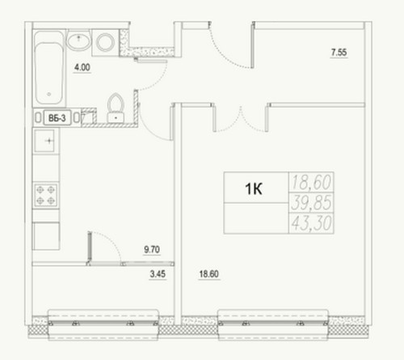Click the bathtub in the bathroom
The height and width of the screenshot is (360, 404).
click(x=49, y=69)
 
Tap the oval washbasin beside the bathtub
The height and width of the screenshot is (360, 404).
click(x=78, y=40)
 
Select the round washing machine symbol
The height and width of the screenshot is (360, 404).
click(x=105, y=42)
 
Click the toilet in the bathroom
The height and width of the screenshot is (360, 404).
click(x=116, y=108)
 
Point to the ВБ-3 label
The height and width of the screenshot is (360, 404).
click(x=57, y=118)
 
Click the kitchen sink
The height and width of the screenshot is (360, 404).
click(x=44, y=141)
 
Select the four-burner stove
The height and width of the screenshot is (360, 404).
click(x=45, y=195)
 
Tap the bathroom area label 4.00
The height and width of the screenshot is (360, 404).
click(x=82, y=67)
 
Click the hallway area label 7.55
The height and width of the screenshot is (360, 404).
click(x=339, y=52)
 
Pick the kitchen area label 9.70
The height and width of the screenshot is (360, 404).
click(x=152, y=249)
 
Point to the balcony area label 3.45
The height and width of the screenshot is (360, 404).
click(x=158, y=274)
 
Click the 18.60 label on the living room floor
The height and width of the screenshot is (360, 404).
click(x=209, y=274)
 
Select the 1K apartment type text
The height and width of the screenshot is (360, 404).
click(x=254, y=188)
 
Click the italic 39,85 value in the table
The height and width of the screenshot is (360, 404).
click(x=311, y=202)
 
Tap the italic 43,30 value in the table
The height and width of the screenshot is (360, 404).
click(x=311, y=223)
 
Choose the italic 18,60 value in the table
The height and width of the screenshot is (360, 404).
click(x=311, y=182)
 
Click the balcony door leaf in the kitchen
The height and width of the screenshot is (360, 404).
click(x=90, y=248)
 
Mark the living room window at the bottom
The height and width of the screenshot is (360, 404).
click(x=273, y=324)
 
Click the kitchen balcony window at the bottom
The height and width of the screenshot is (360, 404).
click(x=103, y=324)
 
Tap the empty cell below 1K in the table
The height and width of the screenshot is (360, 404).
click(x=256, y=218)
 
